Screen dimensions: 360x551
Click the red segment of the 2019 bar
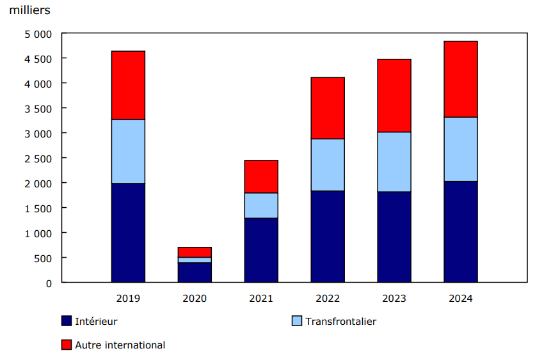point(128,85)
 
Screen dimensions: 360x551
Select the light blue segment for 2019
point(128,152)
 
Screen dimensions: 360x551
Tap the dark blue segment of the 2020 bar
point(195,272)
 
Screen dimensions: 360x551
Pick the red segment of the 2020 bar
point(195,252)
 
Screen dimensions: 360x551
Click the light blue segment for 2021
point(261,205)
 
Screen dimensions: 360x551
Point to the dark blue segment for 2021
point(261,250)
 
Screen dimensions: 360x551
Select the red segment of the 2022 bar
point(328,108)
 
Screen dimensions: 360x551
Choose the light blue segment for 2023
point(394,162)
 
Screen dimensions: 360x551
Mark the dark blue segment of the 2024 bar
point(461,231)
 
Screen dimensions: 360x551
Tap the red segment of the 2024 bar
point(461,79)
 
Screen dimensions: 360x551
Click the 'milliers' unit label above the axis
point(29,11)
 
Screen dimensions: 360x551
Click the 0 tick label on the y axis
point(49,283)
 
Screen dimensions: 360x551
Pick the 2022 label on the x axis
point(328,299)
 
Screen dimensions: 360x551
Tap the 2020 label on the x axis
point(195,299)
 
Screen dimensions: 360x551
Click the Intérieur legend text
point(96,322)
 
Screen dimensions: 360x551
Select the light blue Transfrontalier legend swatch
point(296,321)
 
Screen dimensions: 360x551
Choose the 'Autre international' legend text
point(120,345)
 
